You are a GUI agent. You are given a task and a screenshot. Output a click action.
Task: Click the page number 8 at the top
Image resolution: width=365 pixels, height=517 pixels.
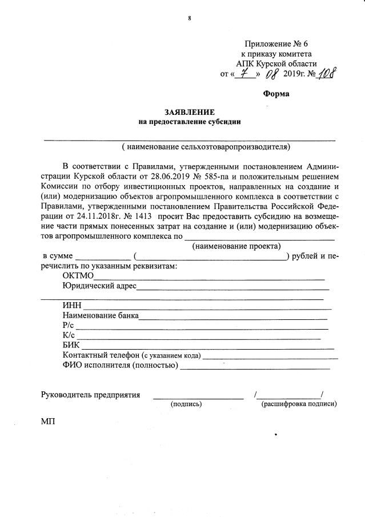tap(189, 18)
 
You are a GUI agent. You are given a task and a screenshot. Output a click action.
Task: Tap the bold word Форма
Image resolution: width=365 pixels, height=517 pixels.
tap(276, 93)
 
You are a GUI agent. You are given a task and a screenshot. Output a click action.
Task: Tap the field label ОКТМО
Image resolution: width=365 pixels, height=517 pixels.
tap(78, 276)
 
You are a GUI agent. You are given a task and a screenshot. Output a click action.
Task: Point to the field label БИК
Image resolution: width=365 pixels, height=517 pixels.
tap(71, 345)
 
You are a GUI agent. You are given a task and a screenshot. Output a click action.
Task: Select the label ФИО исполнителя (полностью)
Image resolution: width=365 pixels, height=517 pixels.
tap(121, 366)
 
